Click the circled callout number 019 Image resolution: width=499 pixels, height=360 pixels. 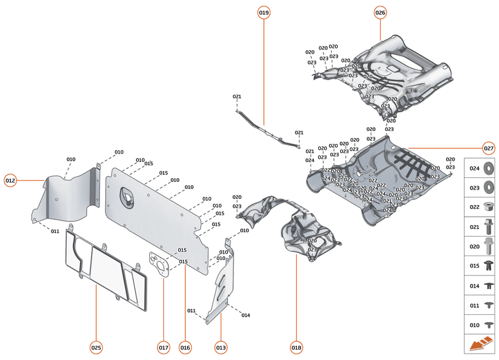click(x=264, y=12)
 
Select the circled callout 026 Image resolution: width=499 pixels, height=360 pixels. click(x=380, y=12)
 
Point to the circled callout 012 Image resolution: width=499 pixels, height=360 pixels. click(x=10, y=181)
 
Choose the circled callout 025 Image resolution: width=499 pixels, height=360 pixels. click(x=96, y=348)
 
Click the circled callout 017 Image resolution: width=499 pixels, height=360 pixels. click(x=163, y=348)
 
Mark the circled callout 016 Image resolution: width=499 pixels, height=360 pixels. click(x=185, y=348)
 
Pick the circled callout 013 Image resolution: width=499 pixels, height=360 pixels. click(x=221, y=348)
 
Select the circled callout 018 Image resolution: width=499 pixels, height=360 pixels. click(x=296, y=348)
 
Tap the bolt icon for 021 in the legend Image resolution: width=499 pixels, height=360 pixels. click(x=488, y=227)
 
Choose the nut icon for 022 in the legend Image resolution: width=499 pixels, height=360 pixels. click(x=488, y=207)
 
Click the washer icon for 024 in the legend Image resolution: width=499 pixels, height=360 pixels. click(x=488, y=168)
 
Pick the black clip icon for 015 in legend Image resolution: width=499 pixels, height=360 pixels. click(x=488, y=266)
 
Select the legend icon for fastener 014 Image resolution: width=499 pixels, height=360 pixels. click(x=488, y=285)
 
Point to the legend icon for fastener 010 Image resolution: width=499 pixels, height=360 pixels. click(x=488, y=325)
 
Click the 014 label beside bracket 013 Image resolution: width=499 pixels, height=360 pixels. click(x=245, y=315)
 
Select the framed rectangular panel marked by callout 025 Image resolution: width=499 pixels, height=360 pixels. click(x=103, y=268)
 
